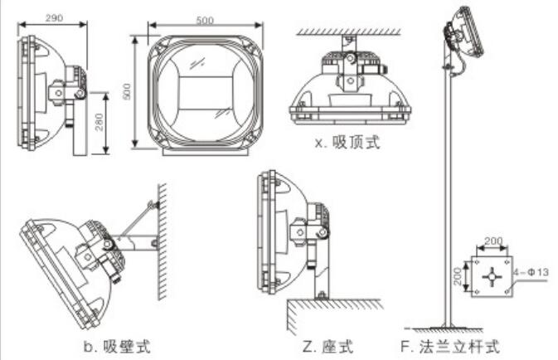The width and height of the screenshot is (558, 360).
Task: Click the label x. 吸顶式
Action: coord(347,143)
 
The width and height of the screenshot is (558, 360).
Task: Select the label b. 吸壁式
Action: coord(119,343)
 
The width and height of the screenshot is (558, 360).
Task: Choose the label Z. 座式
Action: coord(328,343)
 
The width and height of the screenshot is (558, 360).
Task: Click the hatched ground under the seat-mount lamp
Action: coord(332,312)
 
